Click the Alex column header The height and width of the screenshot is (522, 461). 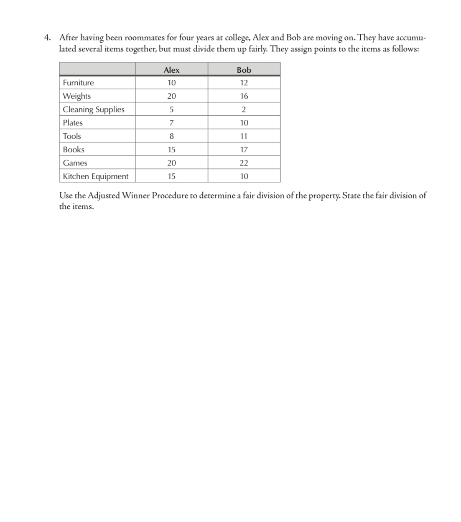pos(171,70)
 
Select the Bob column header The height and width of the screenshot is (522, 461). pos(244,70)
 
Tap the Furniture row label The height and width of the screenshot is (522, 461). pos(79,83)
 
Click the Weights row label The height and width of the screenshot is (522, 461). pos(77,96)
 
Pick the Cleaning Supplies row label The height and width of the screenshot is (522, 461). pos(94,109)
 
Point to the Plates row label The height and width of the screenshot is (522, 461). pos(73,123)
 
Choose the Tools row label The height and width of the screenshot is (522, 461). pos(72,136)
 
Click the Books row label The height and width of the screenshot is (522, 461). pos(74,150)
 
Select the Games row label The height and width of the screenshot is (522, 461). pos(75,163)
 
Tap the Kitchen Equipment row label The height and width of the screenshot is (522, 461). pos(96,176)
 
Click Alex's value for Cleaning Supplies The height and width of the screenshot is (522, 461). pos(171,109)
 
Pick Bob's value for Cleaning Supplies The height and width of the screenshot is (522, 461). pos(244,109)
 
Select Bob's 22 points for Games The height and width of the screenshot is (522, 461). pos(244,163)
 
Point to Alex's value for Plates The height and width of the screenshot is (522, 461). pos(171,123)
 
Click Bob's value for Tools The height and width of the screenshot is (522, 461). pos(244,136)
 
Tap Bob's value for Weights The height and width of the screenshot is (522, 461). pos(244,96)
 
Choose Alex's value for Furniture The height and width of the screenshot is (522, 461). pos(171,83)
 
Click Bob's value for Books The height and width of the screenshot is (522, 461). pos(244,150)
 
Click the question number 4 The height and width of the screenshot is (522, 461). pos(48,38)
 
